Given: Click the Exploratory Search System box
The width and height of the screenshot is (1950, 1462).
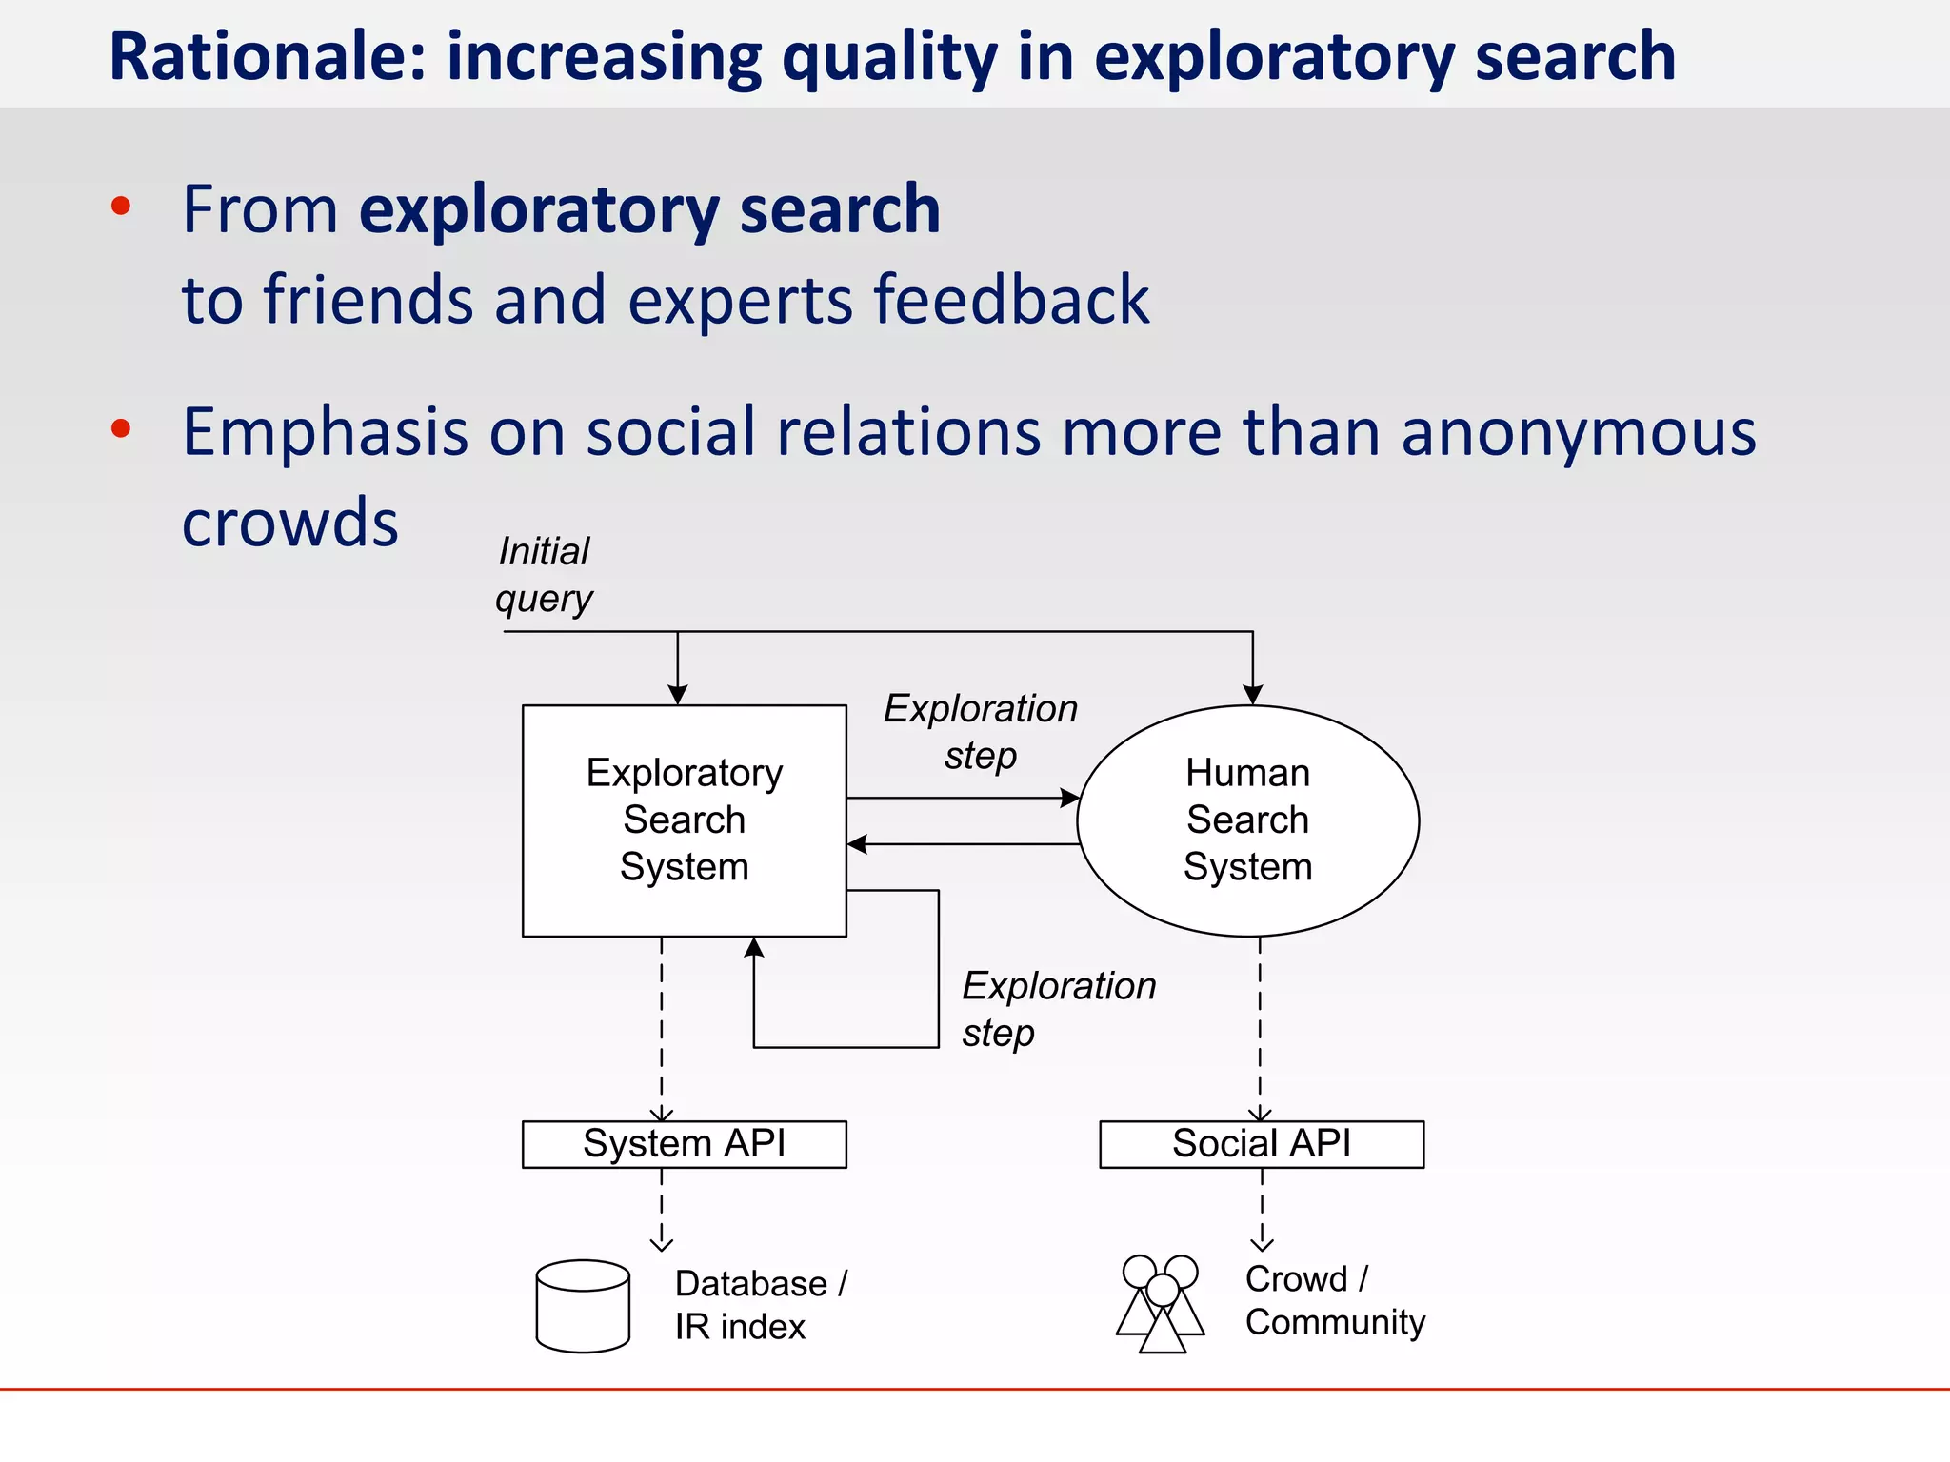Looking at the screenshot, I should tap(684, 820).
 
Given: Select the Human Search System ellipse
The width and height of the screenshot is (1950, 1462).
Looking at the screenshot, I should tap(1247, 820).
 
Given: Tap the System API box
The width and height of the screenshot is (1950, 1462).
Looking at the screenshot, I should tap(684, 1143).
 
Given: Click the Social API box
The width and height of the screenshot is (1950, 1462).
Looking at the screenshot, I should tap(1262, 1143).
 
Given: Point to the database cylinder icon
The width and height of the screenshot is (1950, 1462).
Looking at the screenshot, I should tap(583, 1306).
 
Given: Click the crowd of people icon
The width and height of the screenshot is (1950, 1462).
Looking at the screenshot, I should tap(1161, 1303).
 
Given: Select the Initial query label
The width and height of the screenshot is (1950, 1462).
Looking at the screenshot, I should tap(544, 575).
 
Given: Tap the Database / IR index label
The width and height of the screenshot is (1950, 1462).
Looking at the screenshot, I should tap(760, 1304).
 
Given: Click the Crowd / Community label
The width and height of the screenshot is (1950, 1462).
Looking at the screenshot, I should tap(1335, 1300).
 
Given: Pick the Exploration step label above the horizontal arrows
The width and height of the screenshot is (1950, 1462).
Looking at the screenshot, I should tap(981, 731).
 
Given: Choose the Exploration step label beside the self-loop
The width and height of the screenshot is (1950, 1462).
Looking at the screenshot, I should tap(1058, 1008).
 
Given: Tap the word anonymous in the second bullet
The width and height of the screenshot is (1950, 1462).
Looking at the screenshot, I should tap(1578, 433).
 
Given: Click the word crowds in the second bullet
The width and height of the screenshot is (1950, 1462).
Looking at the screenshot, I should tap(290, 523).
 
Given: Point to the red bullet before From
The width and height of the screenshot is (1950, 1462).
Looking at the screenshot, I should tap(121, 207).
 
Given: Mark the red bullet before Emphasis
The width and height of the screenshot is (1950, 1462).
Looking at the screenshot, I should tap(121, 428).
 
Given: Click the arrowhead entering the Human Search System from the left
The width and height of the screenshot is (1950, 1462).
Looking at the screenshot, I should tap(1070, 798).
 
